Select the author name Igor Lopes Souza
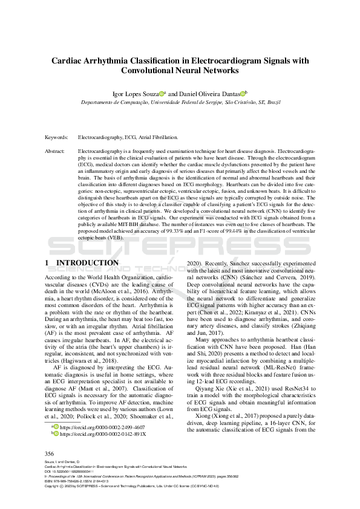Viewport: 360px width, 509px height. click(135, 94)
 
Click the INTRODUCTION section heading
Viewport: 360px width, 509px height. click(87, 263)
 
